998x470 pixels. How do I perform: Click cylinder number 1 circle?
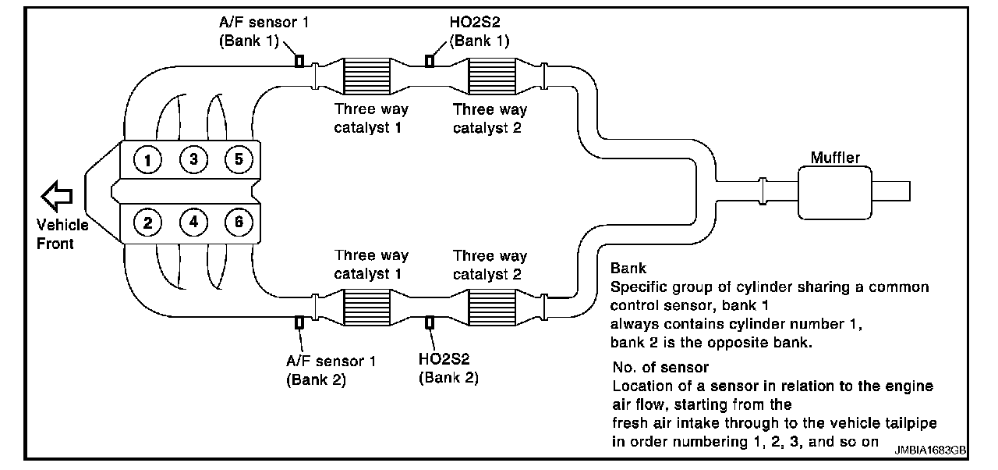[x=147, y=160]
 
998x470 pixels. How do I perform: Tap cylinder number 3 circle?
[x=193, y=160]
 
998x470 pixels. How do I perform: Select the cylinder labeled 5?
[x=239, y=160]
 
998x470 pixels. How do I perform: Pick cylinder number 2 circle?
[x=147, y=223]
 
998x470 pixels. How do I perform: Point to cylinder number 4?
[x=193, y=223]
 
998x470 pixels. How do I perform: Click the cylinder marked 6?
[x=239, y=223]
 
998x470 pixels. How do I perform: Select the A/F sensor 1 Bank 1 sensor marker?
[x=299, y=60]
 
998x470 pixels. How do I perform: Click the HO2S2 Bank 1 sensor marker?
[x=428, y=60]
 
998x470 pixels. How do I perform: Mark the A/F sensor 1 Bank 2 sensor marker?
[x=299, y=322]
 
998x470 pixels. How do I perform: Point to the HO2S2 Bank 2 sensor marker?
[x=428, y=322]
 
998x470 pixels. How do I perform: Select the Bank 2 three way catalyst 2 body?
[x=490, y=304]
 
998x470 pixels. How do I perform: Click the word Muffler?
[x=835, y=158]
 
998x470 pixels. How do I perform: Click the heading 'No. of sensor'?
[x=660, y=367]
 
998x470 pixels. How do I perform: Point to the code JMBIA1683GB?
[x=930, y=450]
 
